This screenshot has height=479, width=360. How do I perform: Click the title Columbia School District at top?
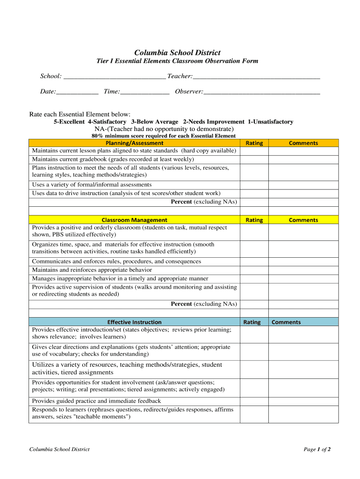click(x=177, y=53)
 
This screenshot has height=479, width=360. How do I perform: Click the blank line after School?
click(x=115, y=77)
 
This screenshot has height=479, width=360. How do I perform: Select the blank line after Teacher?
click(x=256, y=77)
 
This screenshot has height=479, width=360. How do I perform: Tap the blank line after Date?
click(x=77, y=92)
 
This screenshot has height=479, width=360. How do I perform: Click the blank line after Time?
click(x=144, y=92)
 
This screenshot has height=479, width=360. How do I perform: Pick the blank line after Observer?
click(x=262, y=92)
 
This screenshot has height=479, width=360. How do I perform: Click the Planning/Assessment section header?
click(x=134, y=143)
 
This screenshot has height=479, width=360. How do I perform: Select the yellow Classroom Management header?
click(x=134, y=220)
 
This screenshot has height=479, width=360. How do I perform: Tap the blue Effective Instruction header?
click(x=134, y=322)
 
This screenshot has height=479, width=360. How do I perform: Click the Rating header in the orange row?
click(x=254, y=143)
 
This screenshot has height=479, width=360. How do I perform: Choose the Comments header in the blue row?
click(x=286, y=322)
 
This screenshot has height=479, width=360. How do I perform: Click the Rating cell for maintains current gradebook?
click(x=254, y=159)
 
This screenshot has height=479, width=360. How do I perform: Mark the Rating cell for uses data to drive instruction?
click(x=254, y=193)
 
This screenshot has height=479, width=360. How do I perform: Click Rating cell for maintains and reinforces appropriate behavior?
click(x=254, y=270)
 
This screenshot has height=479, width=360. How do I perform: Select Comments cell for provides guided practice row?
click(x=303, y=401)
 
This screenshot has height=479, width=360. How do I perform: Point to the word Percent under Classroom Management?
click(x=181, y=304)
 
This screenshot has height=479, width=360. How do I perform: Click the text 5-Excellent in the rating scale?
click(x=69, y=122)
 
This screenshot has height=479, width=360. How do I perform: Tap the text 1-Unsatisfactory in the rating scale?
click(x=270, y=122)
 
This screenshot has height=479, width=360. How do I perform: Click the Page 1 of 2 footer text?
click(x=317, y=450)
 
